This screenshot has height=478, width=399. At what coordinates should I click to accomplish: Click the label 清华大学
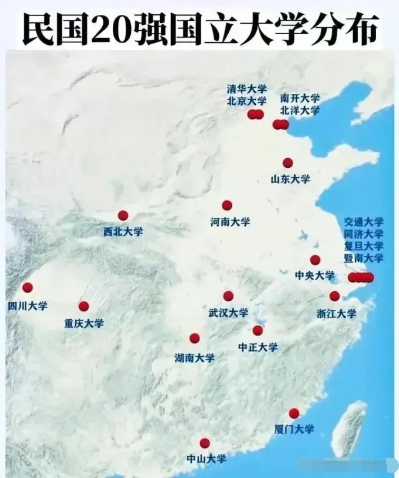point(246,89)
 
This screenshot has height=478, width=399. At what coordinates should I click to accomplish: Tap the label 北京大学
point(246,101)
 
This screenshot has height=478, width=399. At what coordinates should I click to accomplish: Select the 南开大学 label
point(300,98)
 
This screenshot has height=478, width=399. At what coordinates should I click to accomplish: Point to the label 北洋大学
point(300,110)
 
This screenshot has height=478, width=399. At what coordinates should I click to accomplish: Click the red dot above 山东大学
point(287,163)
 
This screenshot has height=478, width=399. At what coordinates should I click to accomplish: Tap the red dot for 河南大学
point(227,205)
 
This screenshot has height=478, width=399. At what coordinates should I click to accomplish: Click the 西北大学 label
point(123,232)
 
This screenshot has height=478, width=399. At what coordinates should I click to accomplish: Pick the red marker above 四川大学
point(27,287)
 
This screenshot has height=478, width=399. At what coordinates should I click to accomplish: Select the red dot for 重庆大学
point(84,306)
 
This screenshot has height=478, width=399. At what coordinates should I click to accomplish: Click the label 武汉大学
point(228,313)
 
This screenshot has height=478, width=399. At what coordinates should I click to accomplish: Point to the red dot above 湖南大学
point(194,338)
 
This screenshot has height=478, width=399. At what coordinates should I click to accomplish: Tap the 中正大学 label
point(258,347)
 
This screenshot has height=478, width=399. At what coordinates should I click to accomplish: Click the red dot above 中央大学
point(315,260)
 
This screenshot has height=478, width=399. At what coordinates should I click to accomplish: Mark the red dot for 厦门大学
point(294,413)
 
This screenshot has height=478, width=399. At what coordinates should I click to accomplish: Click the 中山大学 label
point(206,459)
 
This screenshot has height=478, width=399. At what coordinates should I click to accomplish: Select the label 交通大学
point(364,222)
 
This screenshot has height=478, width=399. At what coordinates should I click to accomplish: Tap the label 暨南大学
point(364,258)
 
